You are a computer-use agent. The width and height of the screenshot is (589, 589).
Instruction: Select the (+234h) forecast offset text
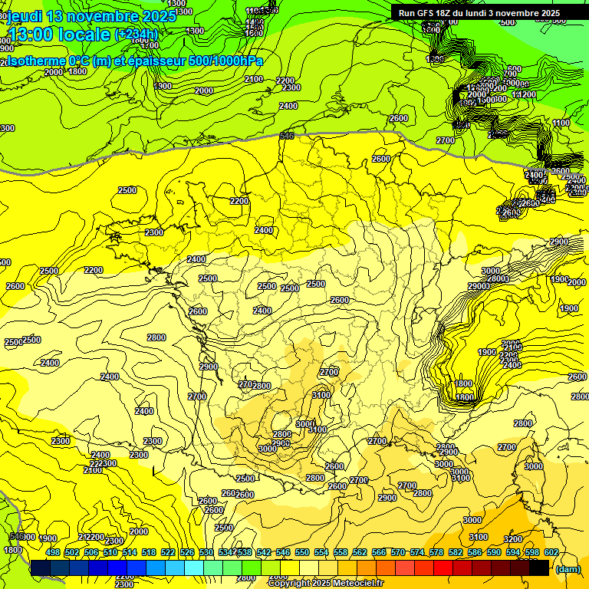point(137,35)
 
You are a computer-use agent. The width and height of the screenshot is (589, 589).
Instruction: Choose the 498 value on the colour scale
point(53,552)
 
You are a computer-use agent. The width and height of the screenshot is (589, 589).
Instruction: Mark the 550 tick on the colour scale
point(302,552)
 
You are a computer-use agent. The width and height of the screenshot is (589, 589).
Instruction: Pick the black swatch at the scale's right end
point(539,568)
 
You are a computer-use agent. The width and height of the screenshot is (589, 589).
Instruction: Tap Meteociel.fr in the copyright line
point(353,583)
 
